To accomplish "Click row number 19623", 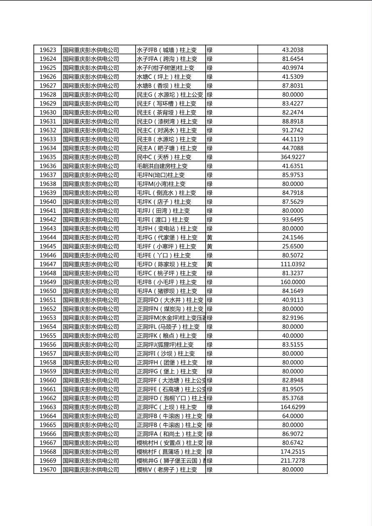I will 48,50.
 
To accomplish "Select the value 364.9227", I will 292,157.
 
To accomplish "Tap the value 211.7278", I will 292,461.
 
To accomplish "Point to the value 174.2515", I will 292,452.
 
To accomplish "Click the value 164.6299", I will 292,407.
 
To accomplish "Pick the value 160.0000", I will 292,282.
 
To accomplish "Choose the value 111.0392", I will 292,264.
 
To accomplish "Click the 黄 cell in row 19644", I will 210,238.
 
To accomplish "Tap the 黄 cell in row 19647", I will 210,264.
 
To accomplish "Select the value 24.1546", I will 292,238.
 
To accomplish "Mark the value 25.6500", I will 292,246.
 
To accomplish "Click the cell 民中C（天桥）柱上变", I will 164,157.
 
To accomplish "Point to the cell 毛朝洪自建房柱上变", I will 162,166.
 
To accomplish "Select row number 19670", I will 48,470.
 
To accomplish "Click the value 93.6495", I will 292,220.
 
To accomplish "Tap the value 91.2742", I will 292,130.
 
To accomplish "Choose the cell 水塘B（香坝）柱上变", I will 164,86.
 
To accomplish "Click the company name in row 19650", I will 91,291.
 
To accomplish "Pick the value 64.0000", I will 292,416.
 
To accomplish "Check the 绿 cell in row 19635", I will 210,157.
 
